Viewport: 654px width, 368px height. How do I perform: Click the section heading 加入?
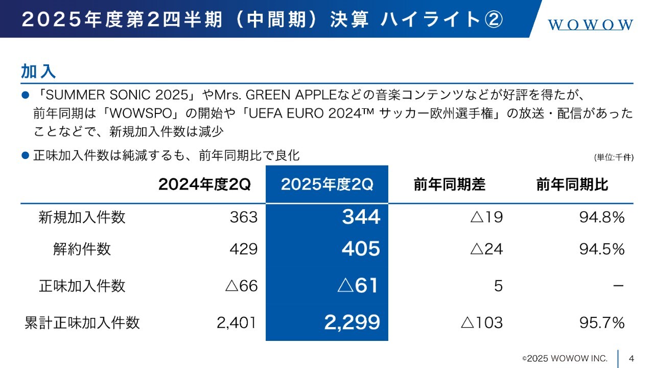coord(38,71)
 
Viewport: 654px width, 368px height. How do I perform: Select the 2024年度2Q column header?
coord(204,185)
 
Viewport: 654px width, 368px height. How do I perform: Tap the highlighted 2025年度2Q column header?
coord(327,185)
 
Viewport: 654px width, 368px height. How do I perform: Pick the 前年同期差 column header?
coord(449,185)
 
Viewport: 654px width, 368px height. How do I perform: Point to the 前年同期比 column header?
coord(572,185)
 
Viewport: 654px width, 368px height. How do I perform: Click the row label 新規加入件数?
coord(82,217)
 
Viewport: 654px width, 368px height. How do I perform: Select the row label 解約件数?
coord(82,249)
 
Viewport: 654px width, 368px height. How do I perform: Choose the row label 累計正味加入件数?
coord(82,323)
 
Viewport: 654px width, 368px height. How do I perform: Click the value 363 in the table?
coord(244,217)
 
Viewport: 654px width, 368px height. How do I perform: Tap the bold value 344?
coord(361,217)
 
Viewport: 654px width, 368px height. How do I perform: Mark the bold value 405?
coord(361,249)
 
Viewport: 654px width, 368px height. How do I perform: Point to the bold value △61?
coord(358,285)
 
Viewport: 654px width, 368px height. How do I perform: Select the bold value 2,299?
coord(352,322)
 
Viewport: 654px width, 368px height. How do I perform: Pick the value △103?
coord(481,323)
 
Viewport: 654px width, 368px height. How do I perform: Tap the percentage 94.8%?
coord(602,217)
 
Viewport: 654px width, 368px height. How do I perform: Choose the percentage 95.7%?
coord(602,323)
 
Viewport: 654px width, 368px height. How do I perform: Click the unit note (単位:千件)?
coord(614,157)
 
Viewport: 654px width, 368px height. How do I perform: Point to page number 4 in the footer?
coord(632,358)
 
